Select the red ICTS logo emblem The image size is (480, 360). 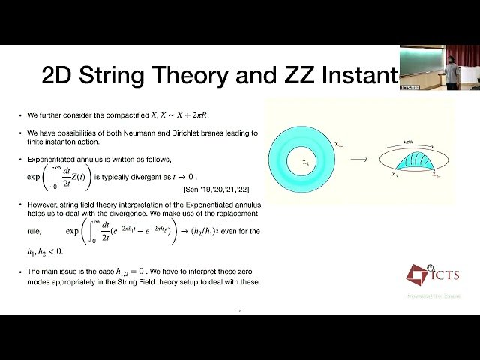(x=418, y=274)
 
